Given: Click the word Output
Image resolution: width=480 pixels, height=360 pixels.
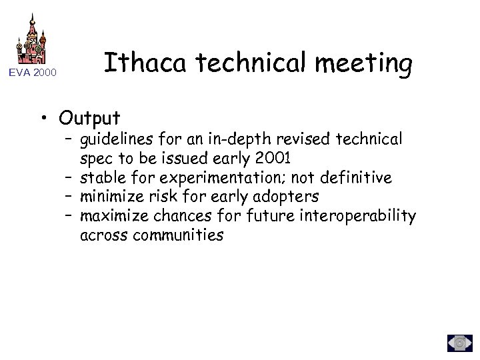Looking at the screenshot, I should tap(89, 118).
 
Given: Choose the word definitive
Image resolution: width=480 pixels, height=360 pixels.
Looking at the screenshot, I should tap(357, 178).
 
